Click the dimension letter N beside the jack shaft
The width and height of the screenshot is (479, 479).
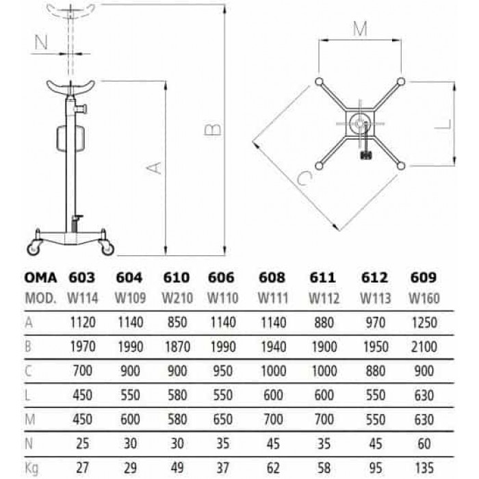(x=41, y=42)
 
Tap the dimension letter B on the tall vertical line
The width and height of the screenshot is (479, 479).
(x=213, y=129)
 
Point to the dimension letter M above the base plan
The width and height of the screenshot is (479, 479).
(x=360, y=29)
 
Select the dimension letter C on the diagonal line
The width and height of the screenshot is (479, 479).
(x=305, y=178)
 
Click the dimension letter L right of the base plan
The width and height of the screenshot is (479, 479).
(x=443, y=125)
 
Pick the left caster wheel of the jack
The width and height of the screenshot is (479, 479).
(x=34, y=248)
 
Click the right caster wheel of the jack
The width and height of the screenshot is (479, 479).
(x=107, y=248)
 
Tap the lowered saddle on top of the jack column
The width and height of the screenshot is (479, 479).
(x=70, y=88)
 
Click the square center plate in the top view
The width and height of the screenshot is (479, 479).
(x=360, y=123)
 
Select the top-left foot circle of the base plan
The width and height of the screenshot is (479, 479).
(x=319, y=82)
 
